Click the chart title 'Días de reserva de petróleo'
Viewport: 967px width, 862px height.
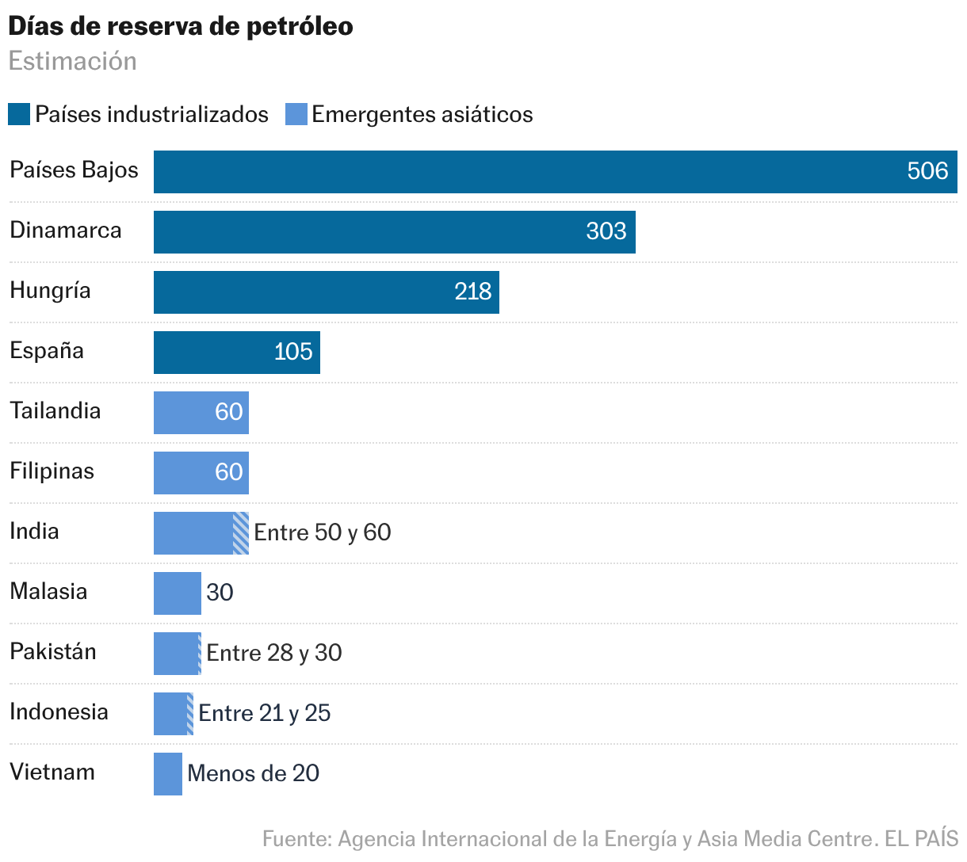point(181,26)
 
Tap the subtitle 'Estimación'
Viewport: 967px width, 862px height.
point(72,61)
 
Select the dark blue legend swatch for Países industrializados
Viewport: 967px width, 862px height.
point(19,114)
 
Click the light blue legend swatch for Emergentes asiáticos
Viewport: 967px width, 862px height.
point(296,114)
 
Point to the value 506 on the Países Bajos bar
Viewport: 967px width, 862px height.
point(927,171)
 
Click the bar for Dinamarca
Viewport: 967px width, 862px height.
point(394,232)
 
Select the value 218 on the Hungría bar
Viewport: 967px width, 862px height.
point(473,292)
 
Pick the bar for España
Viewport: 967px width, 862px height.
point(236,353)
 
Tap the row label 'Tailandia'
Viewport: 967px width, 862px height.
point(55,410)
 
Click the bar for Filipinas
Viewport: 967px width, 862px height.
point(201,473)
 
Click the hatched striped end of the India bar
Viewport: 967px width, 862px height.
point(241,533)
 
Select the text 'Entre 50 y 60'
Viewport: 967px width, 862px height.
point(323,532)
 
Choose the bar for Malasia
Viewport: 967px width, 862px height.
point(177,593)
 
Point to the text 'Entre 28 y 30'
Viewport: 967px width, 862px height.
point(274,653)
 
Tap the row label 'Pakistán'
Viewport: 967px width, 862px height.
point(53,651)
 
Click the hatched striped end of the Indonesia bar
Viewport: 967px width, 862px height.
point(190,714)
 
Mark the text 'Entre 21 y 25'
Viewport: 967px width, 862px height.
point(265,713)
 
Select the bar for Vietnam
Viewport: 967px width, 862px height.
point(167,774)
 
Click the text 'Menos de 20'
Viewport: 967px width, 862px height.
point(254,773)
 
